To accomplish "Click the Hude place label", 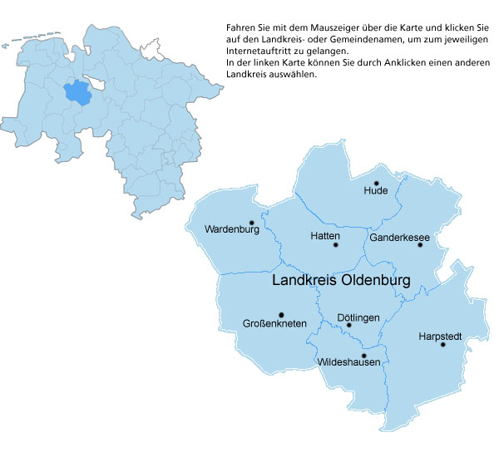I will [376, 191].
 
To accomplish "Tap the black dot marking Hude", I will [376, 182].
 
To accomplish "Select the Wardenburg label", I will [232, 228].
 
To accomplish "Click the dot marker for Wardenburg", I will [251, 222].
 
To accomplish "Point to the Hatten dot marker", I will [336, 244].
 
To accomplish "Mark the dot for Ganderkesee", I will [420, 244].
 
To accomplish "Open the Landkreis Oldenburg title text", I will [341, 282].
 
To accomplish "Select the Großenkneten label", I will [274, 323].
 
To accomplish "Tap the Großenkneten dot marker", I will [281, 314].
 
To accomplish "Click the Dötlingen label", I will [358, 317].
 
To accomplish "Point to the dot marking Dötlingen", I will [348, 325].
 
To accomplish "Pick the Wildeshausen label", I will [349, 363].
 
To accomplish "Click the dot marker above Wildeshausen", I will [363, 355].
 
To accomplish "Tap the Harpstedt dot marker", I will [442, 345].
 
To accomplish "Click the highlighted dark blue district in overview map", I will [78, 92].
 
